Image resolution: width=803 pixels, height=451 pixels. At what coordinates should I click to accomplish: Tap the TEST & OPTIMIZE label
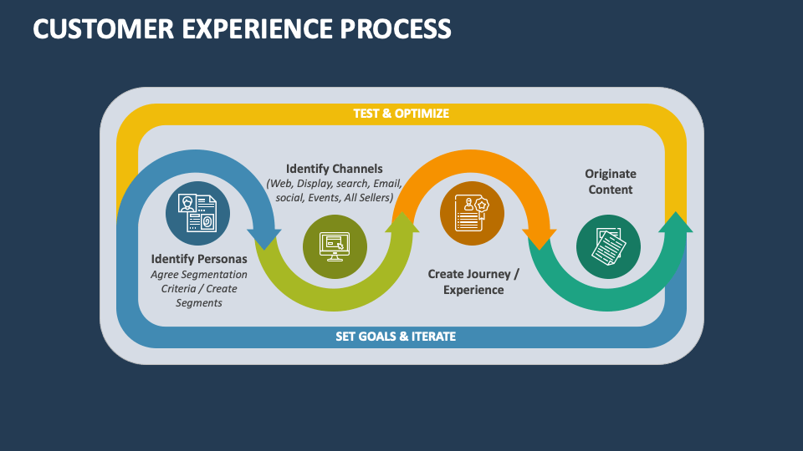(x=401, y=114)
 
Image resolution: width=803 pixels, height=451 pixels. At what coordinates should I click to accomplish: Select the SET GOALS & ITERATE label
(x=396, y=337)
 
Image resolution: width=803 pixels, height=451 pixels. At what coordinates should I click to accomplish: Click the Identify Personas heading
(x=199, y=258)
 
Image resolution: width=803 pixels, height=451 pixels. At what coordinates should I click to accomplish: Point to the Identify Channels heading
(x=334, y=169)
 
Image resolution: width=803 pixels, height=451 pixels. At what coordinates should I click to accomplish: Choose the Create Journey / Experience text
(x=473, y=281)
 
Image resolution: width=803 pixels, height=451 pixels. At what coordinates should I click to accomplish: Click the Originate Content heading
(x=610, y=181)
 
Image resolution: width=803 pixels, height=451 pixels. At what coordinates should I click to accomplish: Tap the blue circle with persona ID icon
(x=197, y=214)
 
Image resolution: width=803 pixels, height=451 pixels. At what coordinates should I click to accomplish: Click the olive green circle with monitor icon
(x=335, y=246)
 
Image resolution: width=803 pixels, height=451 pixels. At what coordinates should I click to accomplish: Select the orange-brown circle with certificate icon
(x=472, y=214)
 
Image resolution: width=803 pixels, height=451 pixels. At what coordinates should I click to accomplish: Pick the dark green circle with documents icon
(x=608, y=246)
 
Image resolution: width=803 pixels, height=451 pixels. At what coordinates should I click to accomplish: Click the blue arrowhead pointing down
(x=267, y=236)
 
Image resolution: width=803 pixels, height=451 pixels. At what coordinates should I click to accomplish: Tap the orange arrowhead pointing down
(x=540, y=236)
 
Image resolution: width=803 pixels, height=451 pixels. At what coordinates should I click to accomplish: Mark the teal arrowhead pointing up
(x=677, y=222)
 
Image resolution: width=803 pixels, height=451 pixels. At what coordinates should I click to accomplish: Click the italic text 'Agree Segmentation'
(x=199, y=274)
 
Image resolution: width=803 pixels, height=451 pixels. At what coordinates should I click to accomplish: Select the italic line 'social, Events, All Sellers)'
(x=334, y=198)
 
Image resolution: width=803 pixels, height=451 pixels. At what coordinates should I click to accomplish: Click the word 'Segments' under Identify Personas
(x=199, y=302)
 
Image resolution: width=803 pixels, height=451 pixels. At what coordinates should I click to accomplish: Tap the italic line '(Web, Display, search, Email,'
(x=334, y=184)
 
